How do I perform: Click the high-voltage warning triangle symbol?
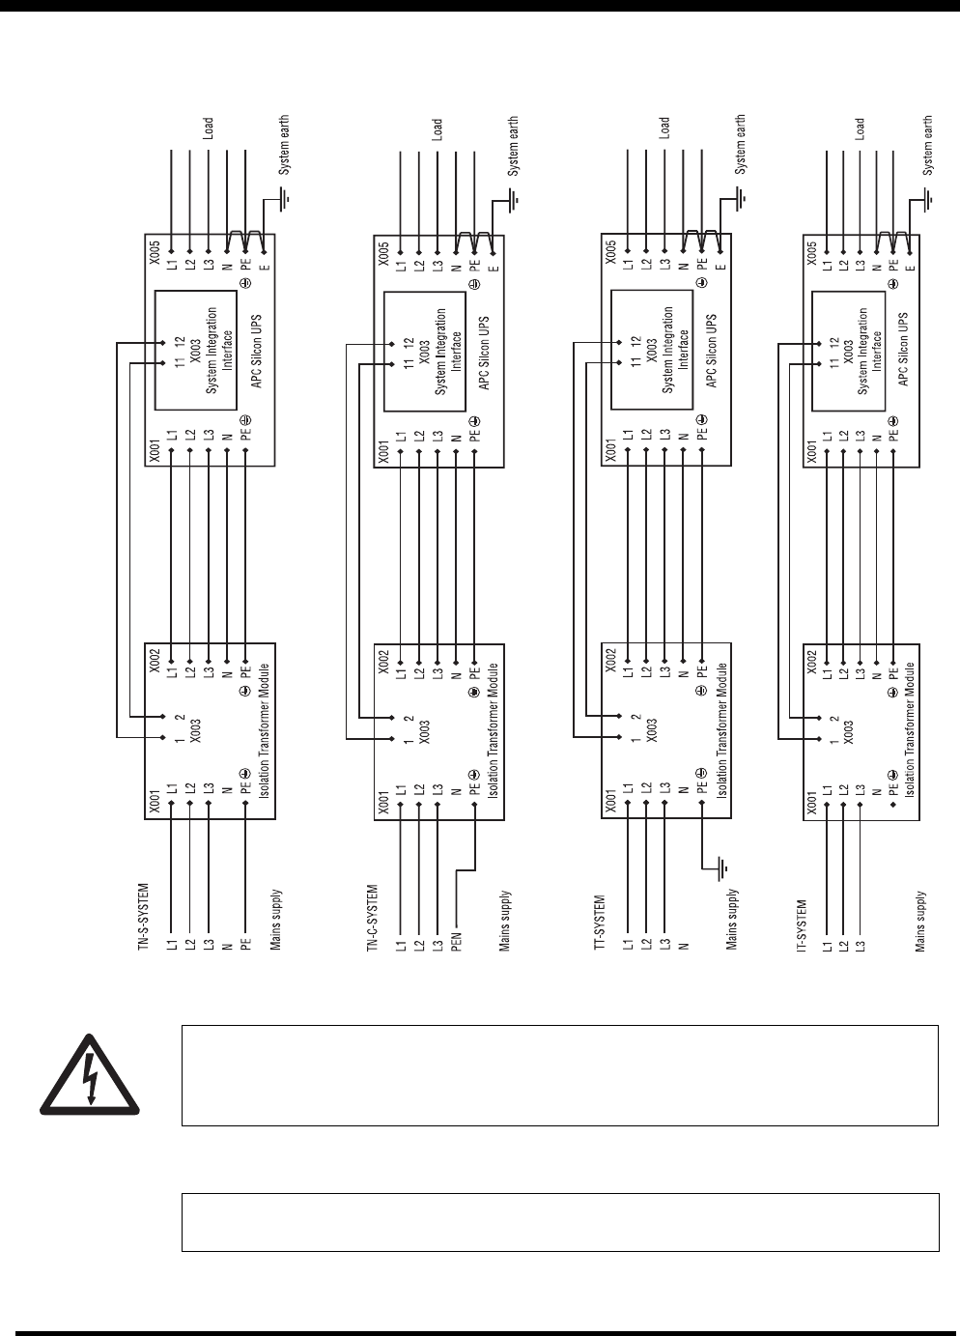90,1075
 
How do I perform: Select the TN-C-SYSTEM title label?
372,920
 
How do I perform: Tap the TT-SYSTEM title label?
599,924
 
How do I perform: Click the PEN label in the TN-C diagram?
456,940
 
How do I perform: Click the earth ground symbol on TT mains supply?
720,869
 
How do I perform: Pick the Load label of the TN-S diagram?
209,128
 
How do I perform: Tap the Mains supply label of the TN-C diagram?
503,922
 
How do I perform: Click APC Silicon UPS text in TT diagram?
712,348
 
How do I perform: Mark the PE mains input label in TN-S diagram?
245,941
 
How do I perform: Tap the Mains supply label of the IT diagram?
921,922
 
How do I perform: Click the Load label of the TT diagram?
664,128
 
